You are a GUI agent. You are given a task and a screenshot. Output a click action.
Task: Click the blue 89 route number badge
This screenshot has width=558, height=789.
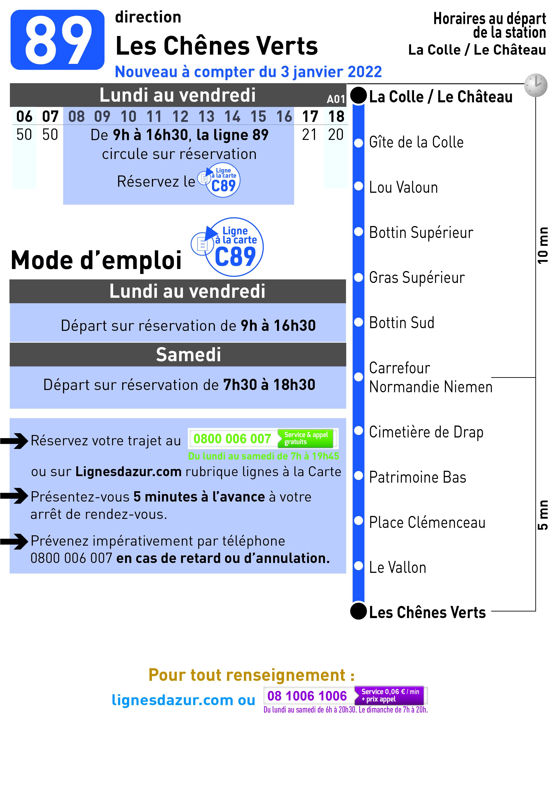(x=57, y=40)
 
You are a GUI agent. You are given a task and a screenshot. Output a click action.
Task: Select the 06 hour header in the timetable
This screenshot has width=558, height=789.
(x=24, y=117)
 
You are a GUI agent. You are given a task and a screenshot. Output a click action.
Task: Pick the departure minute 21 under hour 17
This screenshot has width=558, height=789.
(x=309, y=134)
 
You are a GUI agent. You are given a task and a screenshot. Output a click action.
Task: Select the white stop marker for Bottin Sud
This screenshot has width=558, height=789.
(x=359, y=322)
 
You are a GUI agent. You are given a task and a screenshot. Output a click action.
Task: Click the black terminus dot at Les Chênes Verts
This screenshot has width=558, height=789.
(x=359, y=611)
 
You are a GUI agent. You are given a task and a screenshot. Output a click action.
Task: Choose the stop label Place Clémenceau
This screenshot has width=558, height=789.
(x=427, y=522)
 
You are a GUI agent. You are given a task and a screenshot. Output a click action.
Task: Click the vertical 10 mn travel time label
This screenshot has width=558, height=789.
(x=543, y=245)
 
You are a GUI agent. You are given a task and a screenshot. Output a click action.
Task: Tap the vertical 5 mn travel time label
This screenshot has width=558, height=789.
(x=543, y=515)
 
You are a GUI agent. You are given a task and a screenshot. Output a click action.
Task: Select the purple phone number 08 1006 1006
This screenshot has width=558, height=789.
(x=307, y=696)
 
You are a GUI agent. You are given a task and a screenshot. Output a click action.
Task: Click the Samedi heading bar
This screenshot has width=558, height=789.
(x=178, y=355)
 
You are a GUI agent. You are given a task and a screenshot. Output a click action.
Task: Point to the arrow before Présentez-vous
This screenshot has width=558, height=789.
(x=14, y=496)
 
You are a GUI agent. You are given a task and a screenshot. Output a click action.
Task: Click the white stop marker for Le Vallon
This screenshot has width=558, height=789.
(x=359, y=566)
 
